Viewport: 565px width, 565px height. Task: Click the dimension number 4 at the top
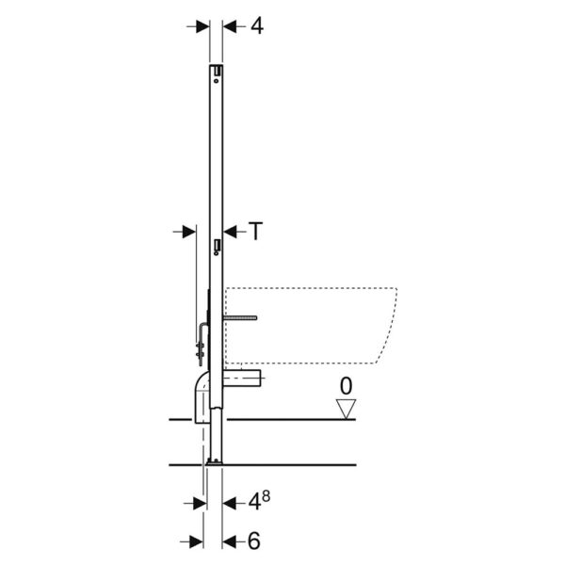pos(257,26)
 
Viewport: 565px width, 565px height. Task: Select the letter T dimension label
pos(255,231)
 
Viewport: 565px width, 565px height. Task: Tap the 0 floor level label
pos(346,386)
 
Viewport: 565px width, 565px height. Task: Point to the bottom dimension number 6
pos(253,541)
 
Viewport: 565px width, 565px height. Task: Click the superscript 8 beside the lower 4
pos(266,496)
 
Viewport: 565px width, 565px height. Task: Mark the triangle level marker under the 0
pos(346,409)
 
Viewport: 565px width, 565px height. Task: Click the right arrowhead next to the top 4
pos(230,26)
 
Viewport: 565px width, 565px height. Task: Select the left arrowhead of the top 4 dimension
pos(202,26)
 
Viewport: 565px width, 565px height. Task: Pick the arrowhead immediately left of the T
pos(230,232)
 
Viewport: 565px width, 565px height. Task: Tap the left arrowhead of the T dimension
pos(189,232)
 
